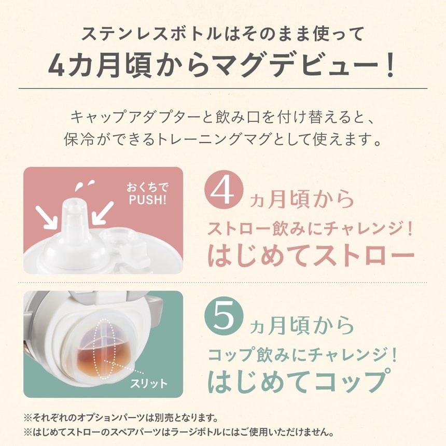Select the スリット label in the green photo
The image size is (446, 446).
(149, 384)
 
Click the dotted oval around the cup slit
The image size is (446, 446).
(104, 348)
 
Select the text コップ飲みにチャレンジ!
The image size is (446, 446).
(303, 355)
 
